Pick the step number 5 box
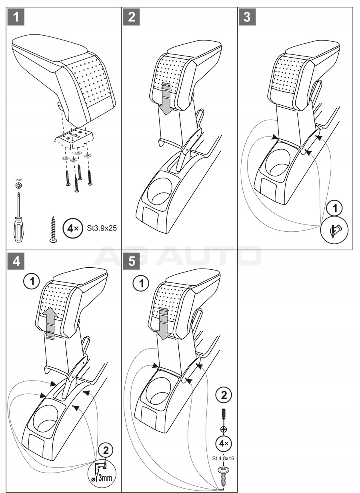132,261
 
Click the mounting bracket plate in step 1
75,137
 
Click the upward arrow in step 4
50,319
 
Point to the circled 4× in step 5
223,443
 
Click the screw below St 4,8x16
223,472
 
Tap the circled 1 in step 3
335,208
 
